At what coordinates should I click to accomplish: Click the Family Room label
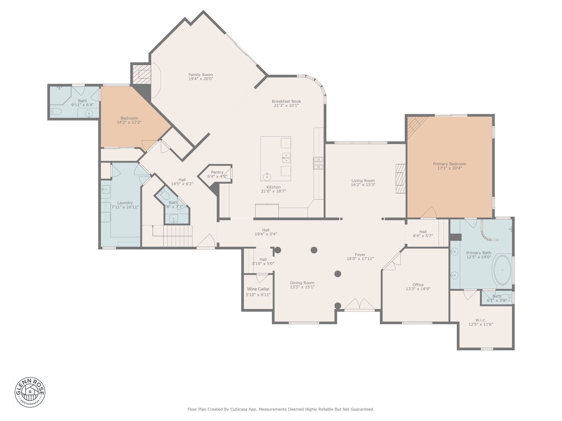coord(201,75)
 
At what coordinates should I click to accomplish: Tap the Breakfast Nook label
coord(286,101)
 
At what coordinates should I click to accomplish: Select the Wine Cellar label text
coord(258,289)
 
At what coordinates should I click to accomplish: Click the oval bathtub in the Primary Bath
coord(503,270)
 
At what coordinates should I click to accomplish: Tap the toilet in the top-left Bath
coord(56,111)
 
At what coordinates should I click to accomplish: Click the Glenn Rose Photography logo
coord(30,392)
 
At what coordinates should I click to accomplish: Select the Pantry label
coord(217,172)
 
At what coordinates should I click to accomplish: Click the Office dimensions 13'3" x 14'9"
coord(418,289)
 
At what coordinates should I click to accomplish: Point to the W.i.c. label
coord(481,320)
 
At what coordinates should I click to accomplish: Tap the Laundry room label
coord(125,203)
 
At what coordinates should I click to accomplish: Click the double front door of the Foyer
coord(359,304)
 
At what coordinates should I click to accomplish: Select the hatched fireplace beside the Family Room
coord(142,74)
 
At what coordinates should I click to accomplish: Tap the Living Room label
coord(363,181)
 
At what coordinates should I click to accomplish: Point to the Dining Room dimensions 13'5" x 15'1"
coord(302,287)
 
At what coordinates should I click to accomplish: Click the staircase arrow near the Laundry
coord(153,230)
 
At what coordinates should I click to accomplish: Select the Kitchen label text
coord(273,187)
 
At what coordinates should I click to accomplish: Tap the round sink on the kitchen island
coord(267,177)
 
